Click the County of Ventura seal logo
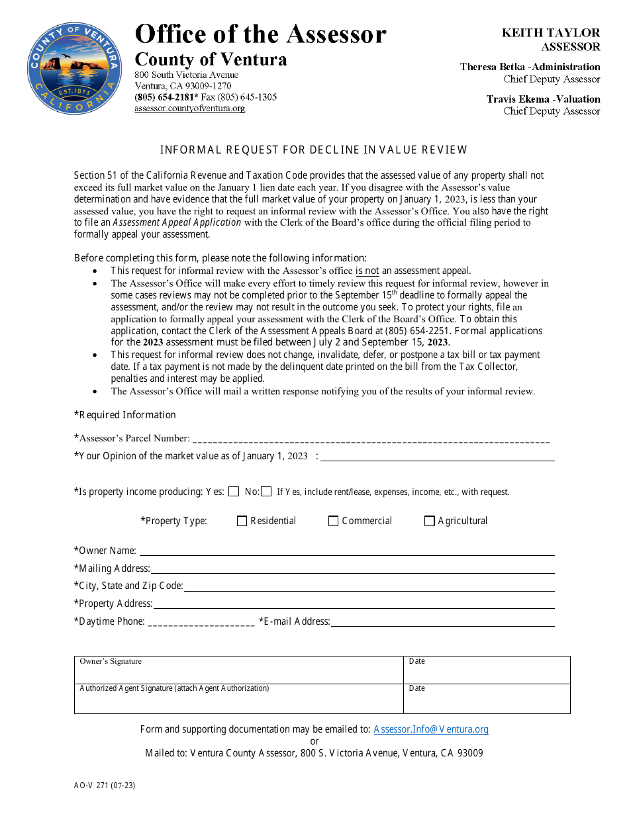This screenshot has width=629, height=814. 74,68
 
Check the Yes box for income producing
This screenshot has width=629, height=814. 234,492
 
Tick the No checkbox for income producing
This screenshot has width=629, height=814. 266,492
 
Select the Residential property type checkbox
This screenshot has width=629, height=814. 242,521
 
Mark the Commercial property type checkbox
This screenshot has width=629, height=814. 333,521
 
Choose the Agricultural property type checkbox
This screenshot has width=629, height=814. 429,521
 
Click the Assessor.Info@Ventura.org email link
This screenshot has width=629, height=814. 431,729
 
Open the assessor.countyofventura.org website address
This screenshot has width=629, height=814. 189,109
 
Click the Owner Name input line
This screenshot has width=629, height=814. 346,551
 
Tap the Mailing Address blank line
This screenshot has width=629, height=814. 352,568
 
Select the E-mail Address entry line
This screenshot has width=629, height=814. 442,622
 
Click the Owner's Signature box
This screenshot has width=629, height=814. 238,670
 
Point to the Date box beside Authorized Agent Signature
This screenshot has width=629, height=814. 487,699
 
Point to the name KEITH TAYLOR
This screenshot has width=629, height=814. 551,32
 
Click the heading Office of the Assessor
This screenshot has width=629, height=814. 260,34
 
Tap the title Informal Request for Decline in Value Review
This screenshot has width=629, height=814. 314,150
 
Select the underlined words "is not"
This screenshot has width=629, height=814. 367,271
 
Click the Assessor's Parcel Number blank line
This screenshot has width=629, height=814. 371,439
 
